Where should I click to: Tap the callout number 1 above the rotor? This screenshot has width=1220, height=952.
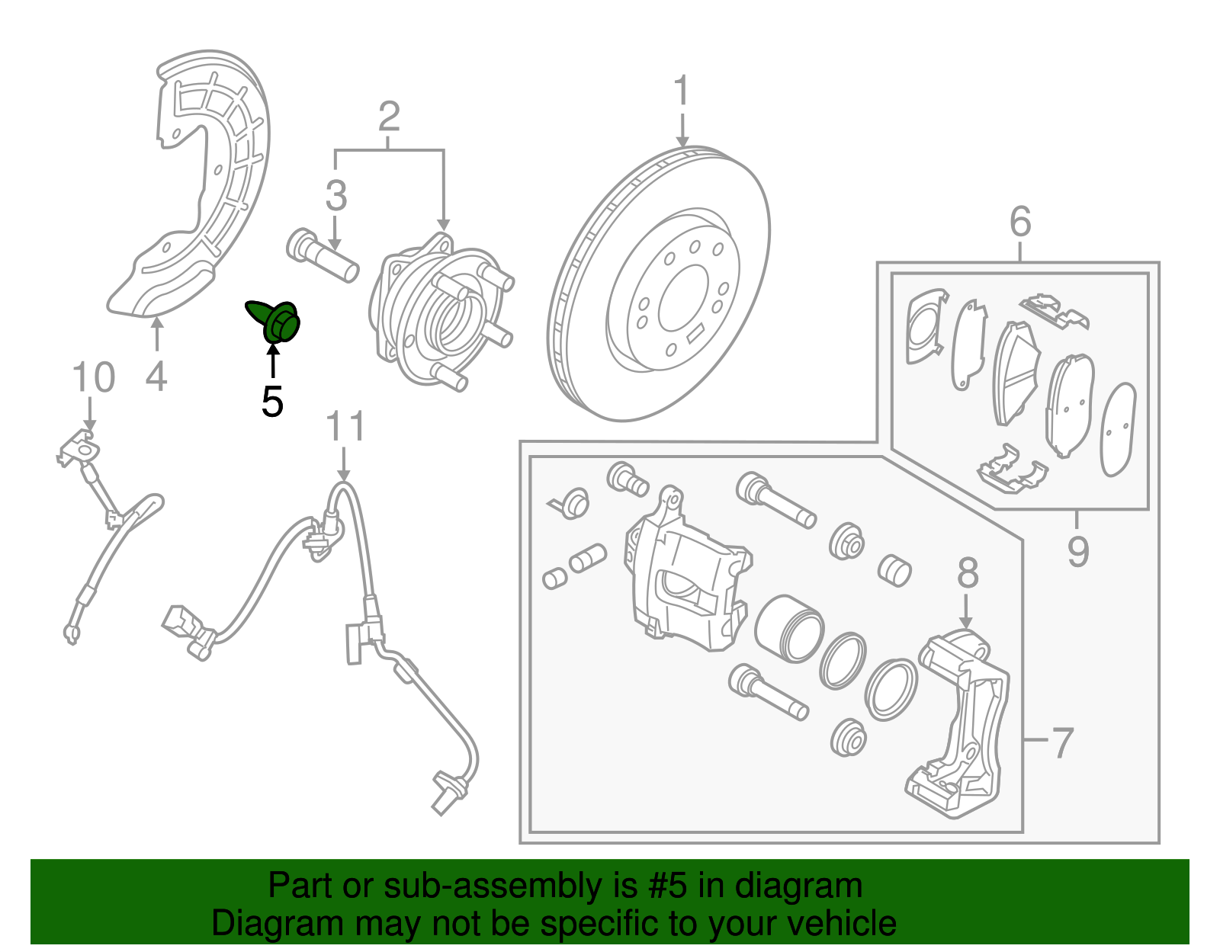click(x=681, y=91)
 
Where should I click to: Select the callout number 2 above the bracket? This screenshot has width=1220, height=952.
click(x=389, y=117)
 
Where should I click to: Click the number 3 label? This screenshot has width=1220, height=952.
click(x=335, y=196)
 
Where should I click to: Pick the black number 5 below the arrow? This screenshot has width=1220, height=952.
click(x=272, y=401)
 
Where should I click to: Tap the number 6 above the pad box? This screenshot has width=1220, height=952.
click(x=1020, y=223)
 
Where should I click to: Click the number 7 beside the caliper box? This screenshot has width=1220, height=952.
click(x=1062, y=742)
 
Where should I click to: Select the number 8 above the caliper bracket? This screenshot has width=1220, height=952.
click(x=967, y=573)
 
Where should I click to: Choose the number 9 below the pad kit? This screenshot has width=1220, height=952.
click(x=1077, y=551)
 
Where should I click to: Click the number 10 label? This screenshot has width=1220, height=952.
click(x=93, y=378)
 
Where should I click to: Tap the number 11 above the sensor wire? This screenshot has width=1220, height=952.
click(x=345, y=428)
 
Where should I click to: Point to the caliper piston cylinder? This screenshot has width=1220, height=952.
click(x=789, y=628)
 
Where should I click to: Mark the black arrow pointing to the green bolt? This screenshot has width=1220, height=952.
click(x=272, y=361)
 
